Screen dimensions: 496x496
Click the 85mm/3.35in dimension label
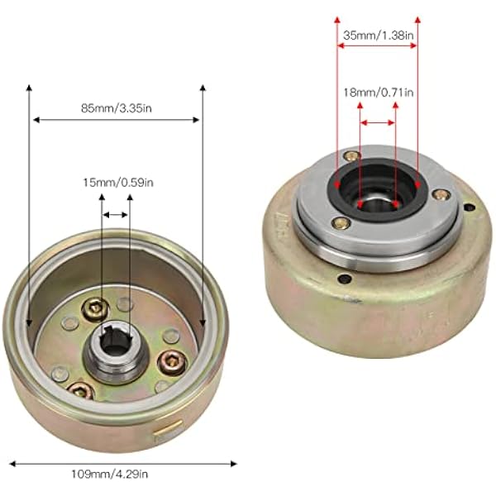(x=117, y=108)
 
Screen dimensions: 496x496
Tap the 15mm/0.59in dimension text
(x=118, y=183)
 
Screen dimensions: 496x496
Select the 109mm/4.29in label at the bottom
(x=109, y=474)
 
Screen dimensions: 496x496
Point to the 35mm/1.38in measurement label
(x=379, y=35)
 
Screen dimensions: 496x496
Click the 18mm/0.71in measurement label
(x=379, y=93)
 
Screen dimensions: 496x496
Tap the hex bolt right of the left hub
(x=173, y=363)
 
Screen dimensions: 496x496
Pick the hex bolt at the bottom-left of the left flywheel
(x=81, y=391)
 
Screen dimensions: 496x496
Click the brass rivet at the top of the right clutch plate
(x=352, y=155)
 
